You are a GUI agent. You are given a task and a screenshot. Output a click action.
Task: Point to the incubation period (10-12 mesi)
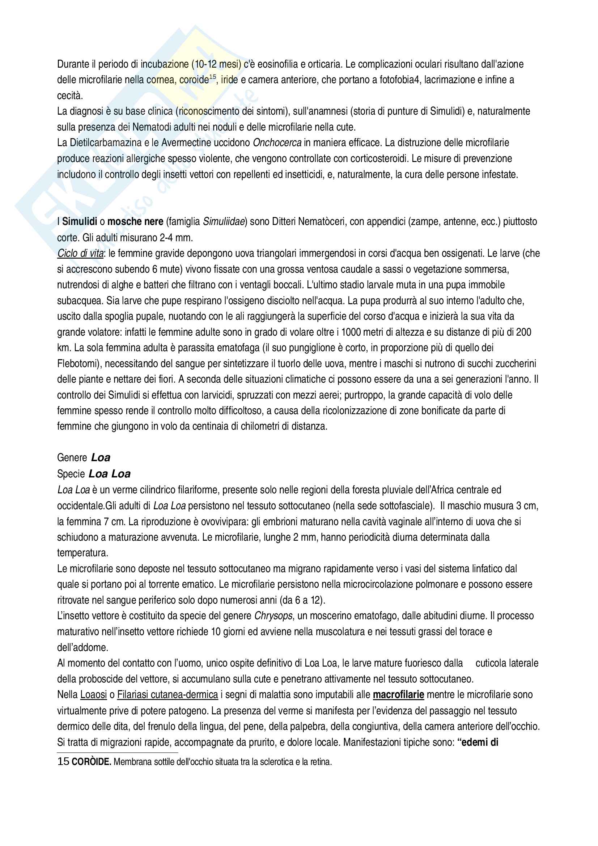click(216, 64)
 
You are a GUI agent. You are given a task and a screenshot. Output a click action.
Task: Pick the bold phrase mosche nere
click(135, 221)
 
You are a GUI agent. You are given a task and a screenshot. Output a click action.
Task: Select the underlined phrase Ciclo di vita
click(80, 254)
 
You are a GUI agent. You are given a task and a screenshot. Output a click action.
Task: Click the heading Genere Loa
click(84, 458)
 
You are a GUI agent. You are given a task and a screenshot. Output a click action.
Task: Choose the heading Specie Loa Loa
click(94, 474)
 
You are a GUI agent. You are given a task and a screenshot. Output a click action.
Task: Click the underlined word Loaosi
click(94, 695)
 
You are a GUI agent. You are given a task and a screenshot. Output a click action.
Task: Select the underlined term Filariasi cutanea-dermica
click(167, 695)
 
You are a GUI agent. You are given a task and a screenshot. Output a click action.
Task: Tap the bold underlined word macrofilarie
click(398, 695)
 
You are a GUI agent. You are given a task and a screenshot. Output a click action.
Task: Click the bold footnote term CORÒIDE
click(91, 762)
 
